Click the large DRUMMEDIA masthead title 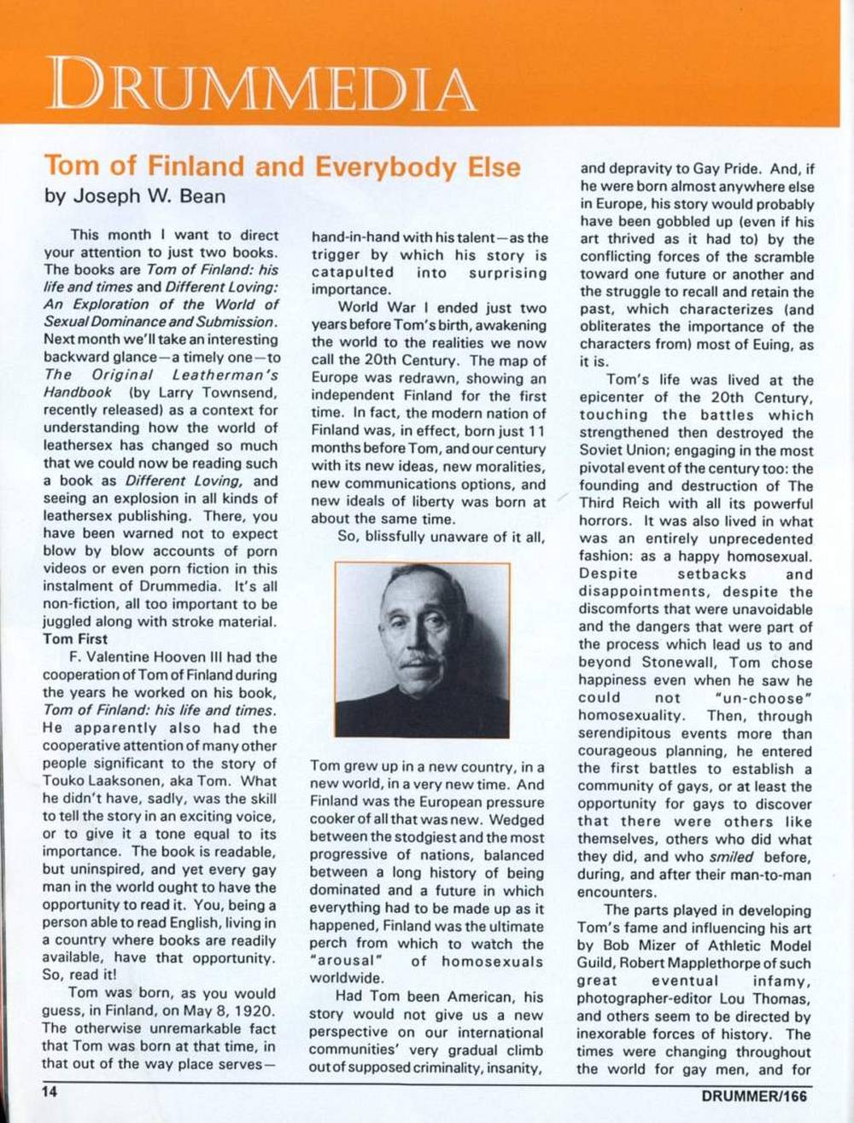click(260, 84)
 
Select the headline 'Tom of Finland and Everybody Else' click(282, 166)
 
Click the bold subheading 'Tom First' click(75, 638)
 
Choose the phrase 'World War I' click(379, 308)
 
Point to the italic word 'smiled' click(730, 858)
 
